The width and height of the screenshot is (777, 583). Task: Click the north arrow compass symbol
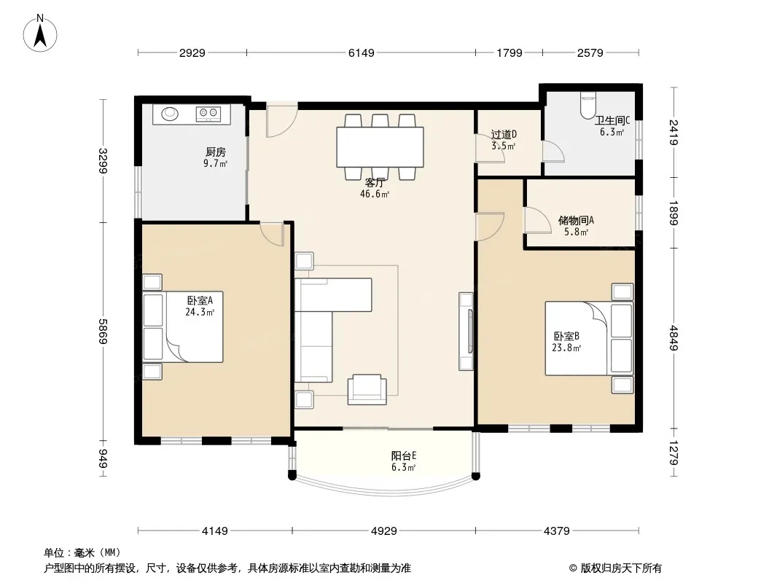[40, 34]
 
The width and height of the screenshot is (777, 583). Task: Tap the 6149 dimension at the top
[362, 52]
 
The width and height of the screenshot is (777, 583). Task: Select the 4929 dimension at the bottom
[384, 531]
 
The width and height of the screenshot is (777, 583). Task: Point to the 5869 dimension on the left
[103, 332]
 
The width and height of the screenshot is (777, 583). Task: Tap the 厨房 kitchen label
[216, 152]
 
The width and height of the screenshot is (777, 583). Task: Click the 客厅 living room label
[375, 183]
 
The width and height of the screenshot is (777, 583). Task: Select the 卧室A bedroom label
[200, 301]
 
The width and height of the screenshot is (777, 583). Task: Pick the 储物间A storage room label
[576, 220]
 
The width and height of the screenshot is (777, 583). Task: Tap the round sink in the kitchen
[170, 114]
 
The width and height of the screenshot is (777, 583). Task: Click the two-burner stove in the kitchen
[208, 114]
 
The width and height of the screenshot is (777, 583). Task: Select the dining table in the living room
[380, 147]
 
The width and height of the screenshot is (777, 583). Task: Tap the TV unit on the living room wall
[466, 332]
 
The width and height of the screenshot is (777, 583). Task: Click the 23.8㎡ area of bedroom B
[566, 348]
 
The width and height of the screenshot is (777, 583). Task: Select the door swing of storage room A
[538, 220]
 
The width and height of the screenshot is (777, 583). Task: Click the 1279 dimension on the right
[673, 453]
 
